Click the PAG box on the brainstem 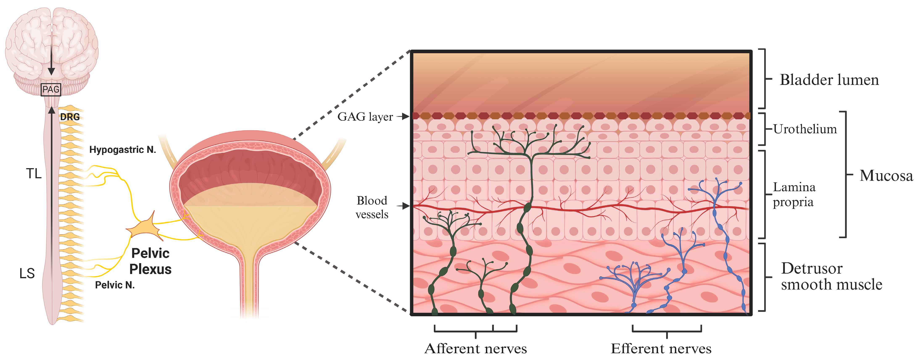click(51, 89)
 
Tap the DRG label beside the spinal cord click(70, 117)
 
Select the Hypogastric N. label click(123, 150)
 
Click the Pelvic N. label click(115, 285)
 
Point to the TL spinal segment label click(34, 174)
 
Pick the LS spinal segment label click(27, 273)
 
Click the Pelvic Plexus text click(150, 261)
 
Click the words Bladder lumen click(829, 80)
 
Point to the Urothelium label click(805, 129)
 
